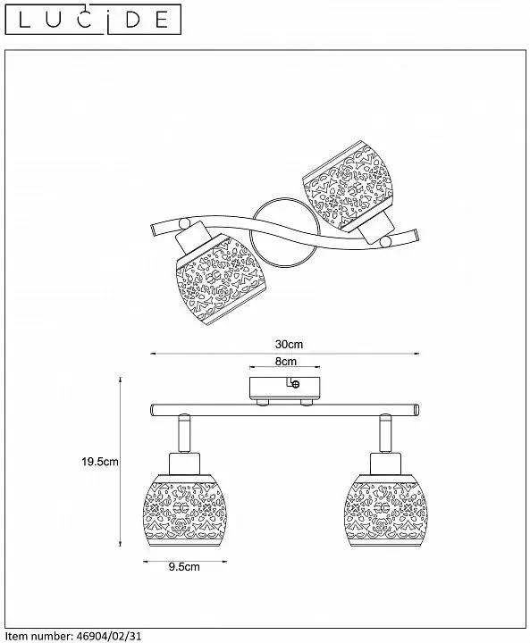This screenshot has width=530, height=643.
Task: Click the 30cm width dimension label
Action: coord(289,344)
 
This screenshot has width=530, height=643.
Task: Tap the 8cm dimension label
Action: coord(285,362)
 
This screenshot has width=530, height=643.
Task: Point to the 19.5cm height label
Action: coord(100,462)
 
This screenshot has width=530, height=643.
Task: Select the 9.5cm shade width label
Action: coord(184,567)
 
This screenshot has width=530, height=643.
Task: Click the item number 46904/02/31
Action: coord(109,636)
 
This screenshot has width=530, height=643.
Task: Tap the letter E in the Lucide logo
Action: coord(162,20)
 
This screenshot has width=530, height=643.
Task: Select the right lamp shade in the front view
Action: coord(386,512)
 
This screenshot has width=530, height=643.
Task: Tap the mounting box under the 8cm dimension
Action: coord(284,388)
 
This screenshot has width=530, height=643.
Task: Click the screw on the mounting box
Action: coord(295,384)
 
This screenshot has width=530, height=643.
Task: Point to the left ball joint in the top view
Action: coord(185,224)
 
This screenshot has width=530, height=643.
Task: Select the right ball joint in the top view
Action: coord(385,242)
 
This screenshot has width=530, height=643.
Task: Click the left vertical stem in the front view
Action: coord(184,434)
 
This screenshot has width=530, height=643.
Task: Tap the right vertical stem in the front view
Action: coord(385,434)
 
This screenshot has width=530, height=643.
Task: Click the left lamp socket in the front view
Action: coord(184,464)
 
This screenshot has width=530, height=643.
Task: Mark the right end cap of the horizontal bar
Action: coord(416,410)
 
